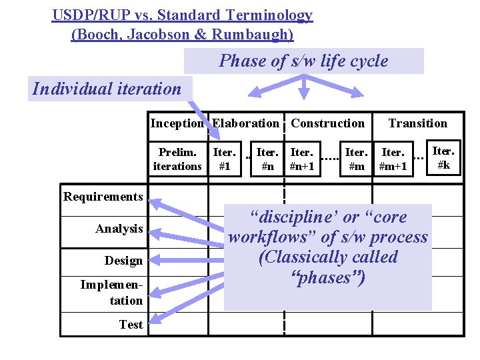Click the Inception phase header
(177, 123)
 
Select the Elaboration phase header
(246, 123)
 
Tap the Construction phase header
(328, 123)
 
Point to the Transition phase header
(418, 123)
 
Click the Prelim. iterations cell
(177, 159)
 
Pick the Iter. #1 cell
(225, 159)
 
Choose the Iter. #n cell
(267, 159)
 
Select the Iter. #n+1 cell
(303, 159)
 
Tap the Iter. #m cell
(356, 159)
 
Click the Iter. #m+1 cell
(393, 159)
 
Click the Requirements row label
(103, 197)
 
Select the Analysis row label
(119, 229)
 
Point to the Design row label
(123, 261)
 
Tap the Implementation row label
(112, 293)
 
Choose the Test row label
(131, 325)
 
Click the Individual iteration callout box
(107, 89)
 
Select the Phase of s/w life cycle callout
(303, 61)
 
